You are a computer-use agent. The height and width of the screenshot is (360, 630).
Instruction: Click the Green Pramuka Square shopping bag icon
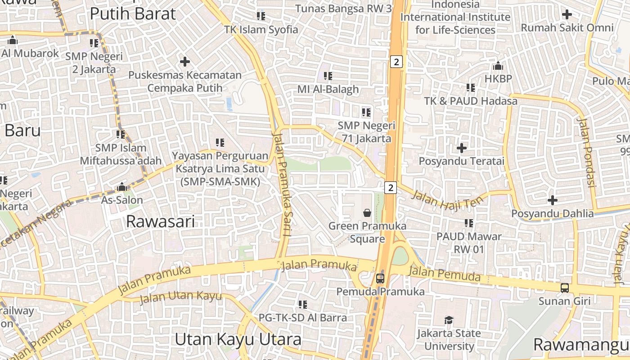pos(367,212)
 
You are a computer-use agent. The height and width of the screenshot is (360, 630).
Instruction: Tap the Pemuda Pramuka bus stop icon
pos(380,278)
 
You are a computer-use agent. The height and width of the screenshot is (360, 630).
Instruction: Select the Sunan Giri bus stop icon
pos(564,288)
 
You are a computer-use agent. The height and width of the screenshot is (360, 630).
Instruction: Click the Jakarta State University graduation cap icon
pos(449,320)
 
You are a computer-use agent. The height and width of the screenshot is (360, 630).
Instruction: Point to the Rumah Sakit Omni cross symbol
pos(567,14)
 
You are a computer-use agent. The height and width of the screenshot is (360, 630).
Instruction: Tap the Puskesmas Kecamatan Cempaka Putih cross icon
pos(184,62)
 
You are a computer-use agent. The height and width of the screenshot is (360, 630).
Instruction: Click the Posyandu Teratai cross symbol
pos(461,148)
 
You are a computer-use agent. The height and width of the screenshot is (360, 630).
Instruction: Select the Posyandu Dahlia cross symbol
pos(553,200)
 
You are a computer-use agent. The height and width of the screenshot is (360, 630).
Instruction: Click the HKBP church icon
pos(498,66)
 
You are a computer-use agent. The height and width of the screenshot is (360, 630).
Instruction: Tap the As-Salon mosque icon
pos(121,187)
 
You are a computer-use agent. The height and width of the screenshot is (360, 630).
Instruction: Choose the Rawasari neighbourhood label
pos(161,221)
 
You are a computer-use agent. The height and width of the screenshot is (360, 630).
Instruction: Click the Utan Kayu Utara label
pos(238,339)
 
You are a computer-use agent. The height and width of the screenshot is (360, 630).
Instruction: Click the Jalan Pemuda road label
pos(444,274)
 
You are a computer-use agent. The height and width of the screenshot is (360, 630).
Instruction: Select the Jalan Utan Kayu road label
pos(180,297)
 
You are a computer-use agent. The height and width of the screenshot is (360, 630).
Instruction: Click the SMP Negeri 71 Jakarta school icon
pos(366,112)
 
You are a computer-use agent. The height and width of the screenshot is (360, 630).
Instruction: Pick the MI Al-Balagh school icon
pos(328,76)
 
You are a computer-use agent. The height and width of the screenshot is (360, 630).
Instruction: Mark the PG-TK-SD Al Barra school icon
pos(303,305)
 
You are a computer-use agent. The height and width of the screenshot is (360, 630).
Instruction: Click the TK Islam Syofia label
pos(261,30)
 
